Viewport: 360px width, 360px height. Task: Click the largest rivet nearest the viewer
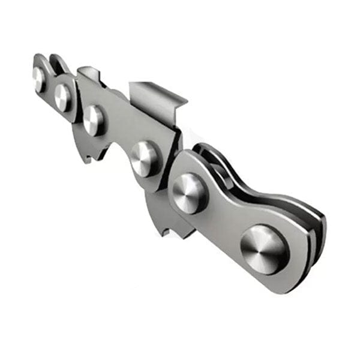(x=263, y=249)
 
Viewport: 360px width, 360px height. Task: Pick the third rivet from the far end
(x=94, y=119)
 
